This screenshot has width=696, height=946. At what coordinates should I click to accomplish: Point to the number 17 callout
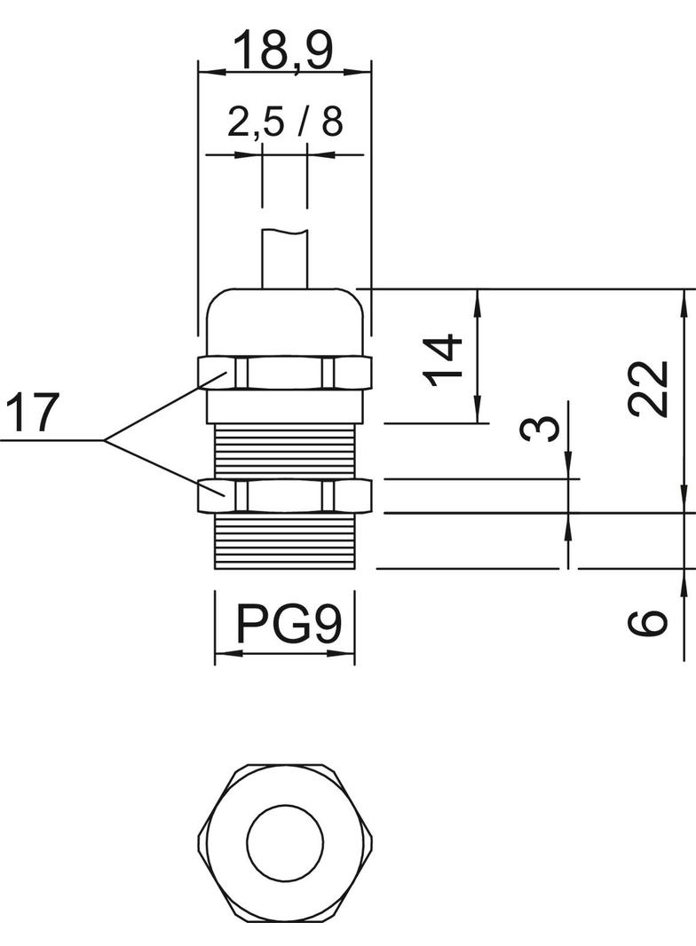[33, 413]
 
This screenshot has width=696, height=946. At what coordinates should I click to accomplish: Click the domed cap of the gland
[284, 319]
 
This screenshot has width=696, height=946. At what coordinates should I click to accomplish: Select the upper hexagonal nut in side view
[284, 373]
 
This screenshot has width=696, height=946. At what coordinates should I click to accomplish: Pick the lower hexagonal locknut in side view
[284, 495]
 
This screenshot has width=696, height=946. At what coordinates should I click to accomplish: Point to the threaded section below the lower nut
[284, 541]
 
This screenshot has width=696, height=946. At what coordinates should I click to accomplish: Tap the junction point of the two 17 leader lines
[105, 440]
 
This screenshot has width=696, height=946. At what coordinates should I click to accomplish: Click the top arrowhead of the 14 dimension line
[478, 298]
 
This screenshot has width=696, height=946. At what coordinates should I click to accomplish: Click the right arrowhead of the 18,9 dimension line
[363, 71]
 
